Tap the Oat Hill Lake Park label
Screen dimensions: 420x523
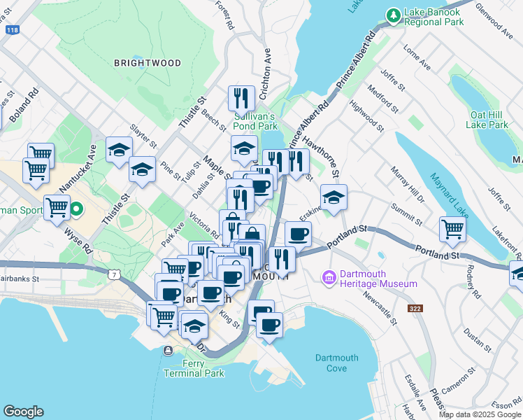pyautogui.click(x=489, y=120)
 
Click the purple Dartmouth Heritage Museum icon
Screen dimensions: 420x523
pyautogui.click(x=329, y=278)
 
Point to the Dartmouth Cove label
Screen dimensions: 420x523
pyautogui.click(x=336, y=363)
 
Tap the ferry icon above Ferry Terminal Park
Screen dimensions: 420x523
pyautogui.click(x=167, y=351)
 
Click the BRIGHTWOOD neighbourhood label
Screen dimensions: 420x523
pyautogui.click(x=148, y=63)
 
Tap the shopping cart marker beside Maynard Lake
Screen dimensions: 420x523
pyautogui.click(x=453, y=228)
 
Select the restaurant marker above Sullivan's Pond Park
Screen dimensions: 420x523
pyautogui.click(x=241, y=97)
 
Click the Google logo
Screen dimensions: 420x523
pyautogui.click(x=23, y=411)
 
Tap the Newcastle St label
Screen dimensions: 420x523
pyautogui.click(x=380, y=308)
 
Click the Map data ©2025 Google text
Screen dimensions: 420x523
pyautogui.click(x=479, y=414)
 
